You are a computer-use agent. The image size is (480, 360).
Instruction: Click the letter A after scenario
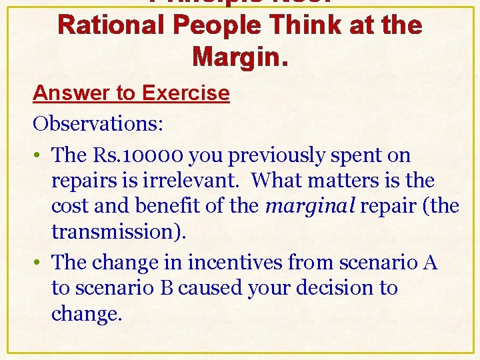430,263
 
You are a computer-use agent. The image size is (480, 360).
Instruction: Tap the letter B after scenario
168,288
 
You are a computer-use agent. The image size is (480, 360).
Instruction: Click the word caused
205,288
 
